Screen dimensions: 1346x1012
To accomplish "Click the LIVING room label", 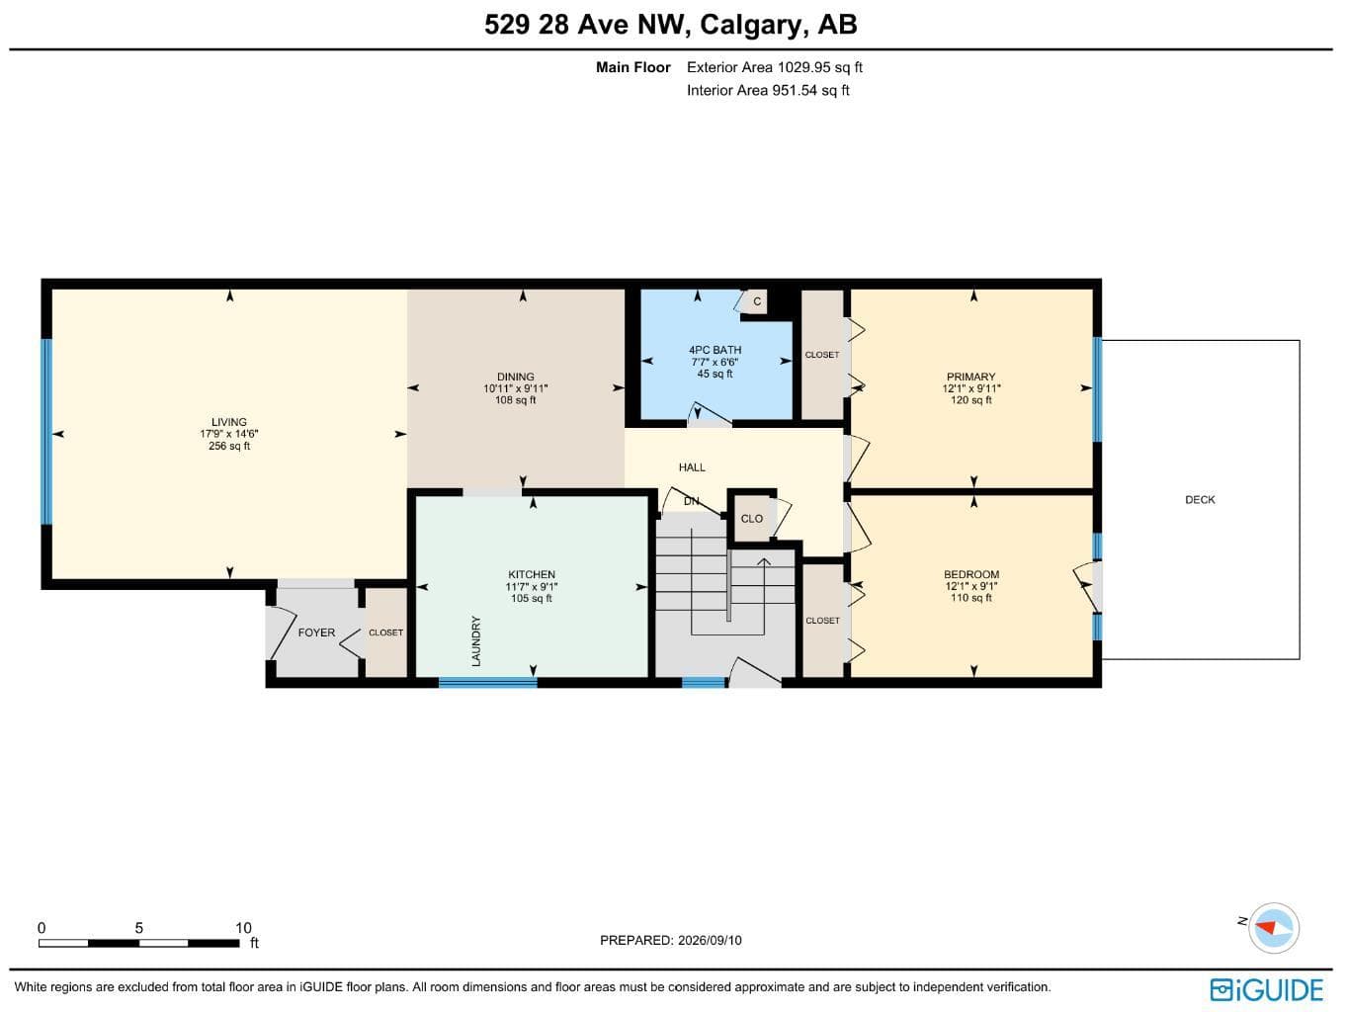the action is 228,422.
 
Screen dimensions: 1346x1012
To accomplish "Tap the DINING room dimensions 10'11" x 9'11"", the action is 515,388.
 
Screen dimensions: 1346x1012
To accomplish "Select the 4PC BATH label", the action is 715,350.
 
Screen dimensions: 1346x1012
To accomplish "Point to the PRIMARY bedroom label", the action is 970,377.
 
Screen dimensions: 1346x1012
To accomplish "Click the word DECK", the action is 1200,500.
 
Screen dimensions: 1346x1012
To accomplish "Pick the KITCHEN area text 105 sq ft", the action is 532,598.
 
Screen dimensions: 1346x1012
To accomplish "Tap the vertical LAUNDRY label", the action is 476,641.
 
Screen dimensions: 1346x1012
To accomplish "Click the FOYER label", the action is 316,632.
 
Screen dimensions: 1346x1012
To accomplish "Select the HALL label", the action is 692,467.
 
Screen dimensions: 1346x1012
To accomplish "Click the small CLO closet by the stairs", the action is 752,519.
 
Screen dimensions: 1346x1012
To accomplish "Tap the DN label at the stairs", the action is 691,501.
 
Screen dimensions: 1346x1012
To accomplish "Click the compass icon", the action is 1273,928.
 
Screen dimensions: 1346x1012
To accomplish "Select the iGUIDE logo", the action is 1267,990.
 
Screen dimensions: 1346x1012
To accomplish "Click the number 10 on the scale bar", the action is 243,928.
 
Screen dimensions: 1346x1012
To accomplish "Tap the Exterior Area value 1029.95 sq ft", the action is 820,67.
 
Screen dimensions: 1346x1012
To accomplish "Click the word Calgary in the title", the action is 750,25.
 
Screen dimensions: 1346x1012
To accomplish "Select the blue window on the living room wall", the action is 46,432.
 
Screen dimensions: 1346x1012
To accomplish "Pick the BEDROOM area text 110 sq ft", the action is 971,598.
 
